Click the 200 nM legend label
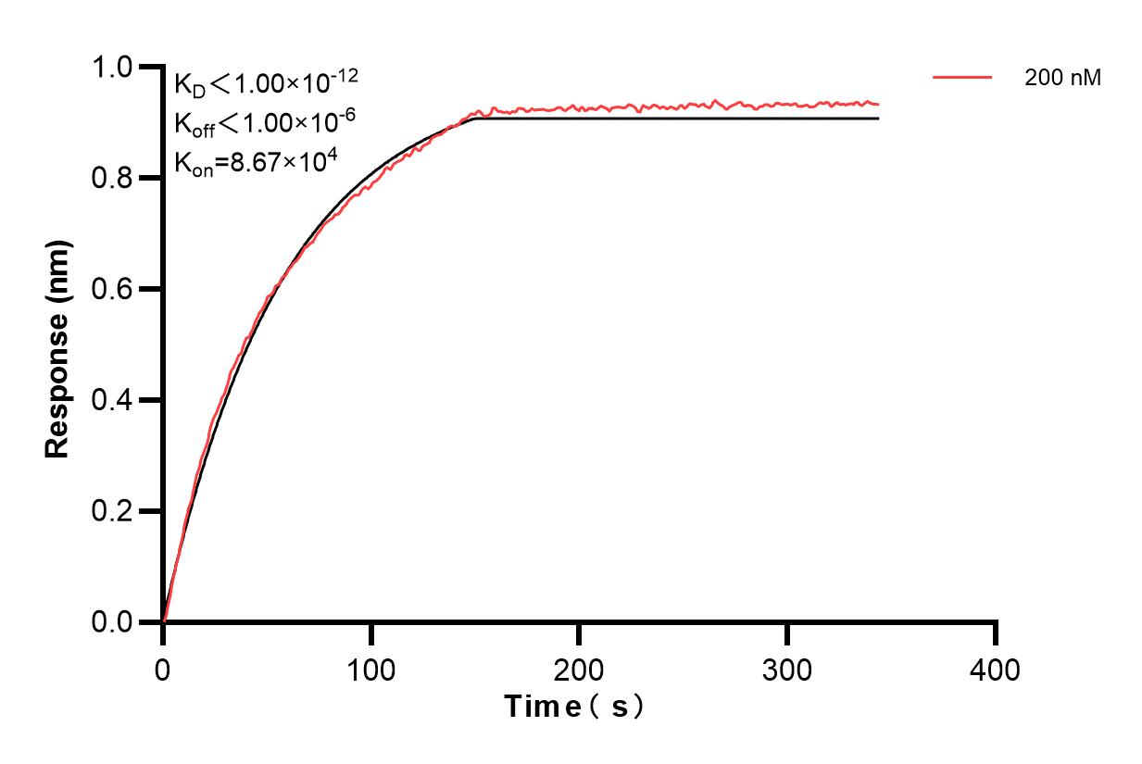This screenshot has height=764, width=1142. [x=1062, y=79]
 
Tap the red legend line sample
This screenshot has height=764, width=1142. [x=962, y=78]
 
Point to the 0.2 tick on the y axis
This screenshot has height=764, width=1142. [x=112, y=512]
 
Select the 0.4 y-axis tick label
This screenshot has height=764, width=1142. [x=112, y=401]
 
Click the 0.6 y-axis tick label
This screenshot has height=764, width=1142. [x=112, y=290]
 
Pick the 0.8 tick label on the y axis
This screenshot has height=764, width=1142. [x=112, y=179]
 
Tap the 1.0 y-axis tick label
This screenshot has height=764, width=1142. [x=112, y=68]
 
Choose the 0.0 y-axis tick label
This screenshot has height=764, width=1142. [x=112, y=622]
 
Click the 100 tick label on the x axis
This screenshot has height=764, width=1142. [x=370, y=669]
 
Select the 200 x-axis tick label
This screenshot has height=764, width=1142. [x=579, y=669]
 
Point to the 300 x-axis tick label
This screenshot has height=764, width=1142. [x=787, y=669]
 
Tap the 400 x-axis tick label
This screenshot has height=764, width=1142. [x=996, y=669]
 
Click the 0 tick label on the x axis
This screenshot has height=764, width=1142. [x=163, y=669]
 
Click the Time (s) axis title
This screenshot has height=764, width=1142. [x=574, y=708]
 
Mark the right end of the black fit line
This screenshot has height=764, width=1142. [x=878, y=119]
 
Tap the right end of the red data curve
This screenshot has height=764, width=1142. [x=878, y=105]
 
